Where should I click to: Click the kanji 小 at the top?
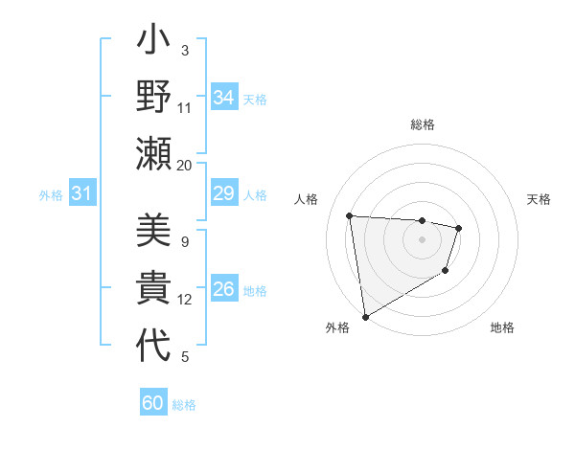[153, 44]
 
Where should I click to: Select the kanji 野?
[153, 100]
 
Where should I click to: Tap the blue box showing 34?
[223, 98]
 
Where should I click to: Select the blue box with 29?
[223, 194]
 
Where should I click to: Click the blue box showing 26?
[223, 289]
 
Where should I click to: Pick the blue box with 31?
[81, 194]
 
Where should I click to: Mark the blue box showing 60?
[153, 403]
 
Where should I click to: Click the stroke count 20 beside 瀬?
[184, 165]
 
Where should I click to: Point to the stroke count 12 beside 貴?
[184, 300]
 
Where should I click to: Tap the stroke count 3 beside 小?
[184, 50]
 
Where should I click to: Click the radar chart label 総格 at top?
[422, 124]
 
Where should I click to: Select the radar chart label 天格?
[539, 199]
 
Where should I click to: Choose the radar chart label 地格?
[502, 328]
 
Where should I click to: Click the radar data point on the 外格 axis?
[365, 317]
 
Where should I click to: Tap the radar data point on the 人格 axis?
[350, 216]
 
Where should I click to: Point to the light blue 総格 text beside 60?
[184, 405]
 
